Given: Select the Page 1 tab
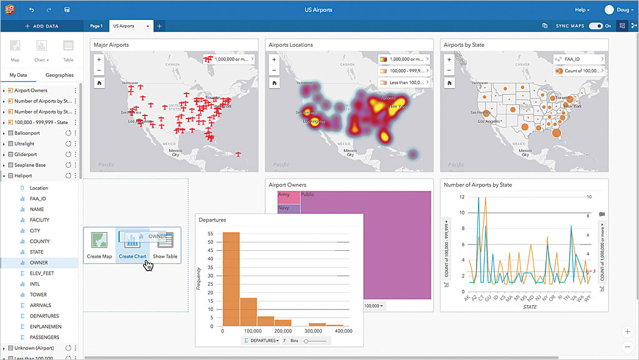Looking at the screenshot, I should point(96,26).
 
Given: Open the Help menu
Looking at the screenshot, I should point(582,10).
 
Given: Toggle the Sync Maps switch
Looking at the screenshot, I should point(596,26).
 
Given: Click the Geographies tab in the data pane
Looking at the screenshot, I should point(59,75).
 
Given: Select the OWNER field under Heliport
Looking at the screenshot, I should point(39,263).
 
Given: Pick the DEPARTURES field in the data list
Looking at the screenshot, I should point(44,316).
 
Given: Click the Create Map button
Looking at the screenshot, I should point(99,245).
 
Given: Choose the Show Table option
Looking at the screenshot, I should point(165,245).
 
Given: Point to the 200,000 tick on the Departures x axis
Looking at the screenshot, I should point(283,331).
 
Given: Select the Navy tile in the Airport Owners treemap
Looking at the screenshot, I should point(284,208).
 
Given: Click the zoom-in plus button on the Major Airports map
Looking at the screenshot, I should point(99,59).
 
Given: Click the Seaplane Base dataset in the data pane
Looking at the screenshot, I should point(30,165).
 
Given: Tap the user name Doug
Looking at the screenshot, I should point(623,10).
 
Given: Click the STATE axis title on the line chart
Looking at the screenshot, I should point(530,307).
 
